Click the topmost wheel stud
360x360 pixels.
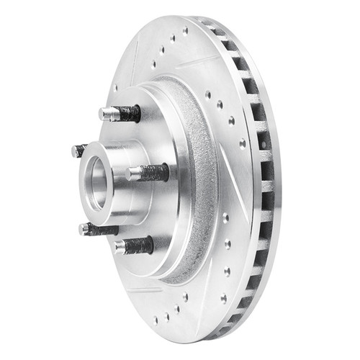[x=120, y=113]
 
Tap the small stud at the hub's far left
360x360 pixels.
[x=78, y=150]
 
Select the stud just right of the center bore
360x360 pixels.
[x=148, y=173]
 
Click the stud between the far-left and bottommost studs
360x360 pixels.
[x=97, y=230]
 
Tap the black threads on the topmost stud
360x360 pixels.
[x=129, y=113]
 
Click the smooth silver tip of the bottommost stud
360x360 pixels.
[x=120, y=248]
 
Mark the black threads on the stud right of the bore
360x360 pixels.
[x=155, y=173]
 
